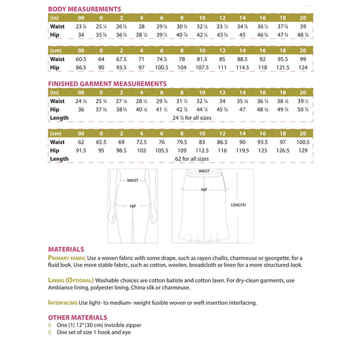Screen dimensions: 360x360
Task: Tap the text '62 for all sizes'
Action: click(191, 159)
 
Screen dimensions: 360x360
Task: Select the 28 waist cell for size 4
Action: click(141, 27)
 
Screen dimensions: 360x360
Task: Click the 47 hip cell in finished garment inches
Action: click(242, 110)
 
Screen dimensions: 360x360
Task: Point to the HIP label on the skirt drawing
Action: click(204, 190)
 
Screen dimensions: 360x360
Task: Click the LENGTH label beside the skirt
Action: click(238, 205)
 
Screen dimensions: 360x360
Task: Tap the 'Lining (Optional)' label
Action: click(70, 280)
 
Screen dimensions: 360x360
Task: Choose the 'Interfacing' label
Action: click(64, 302)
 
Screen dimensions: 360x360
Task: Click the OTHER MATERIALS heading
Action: click(77, 317)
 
